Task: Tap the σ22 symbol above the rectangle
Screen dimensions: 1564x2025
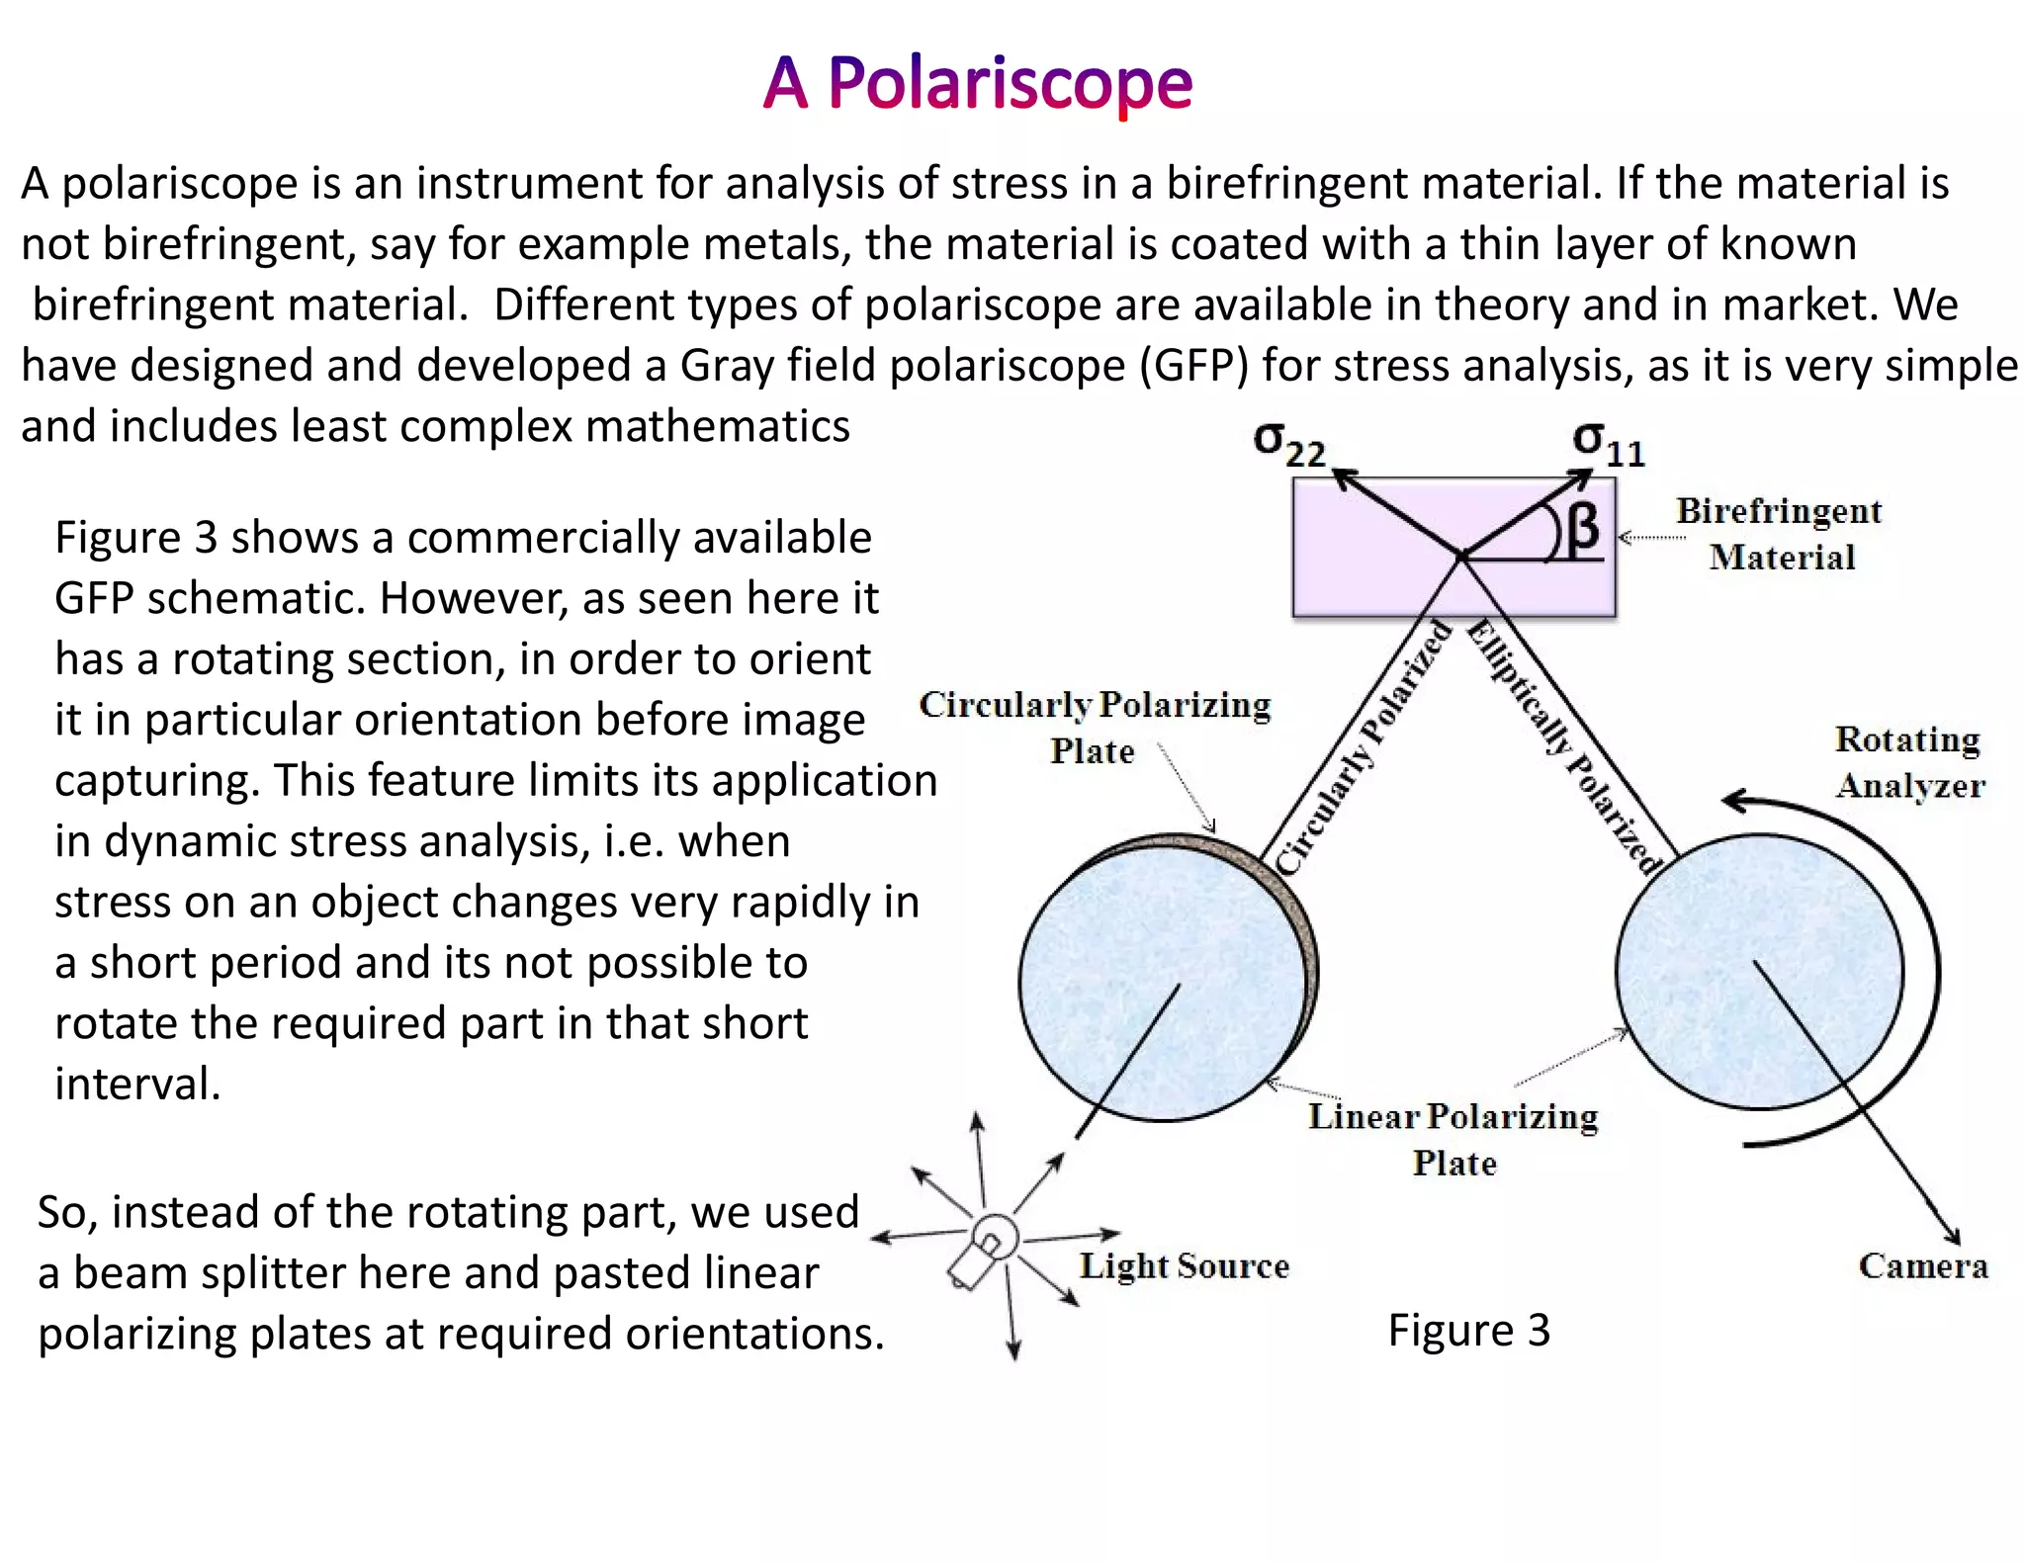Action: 1287,444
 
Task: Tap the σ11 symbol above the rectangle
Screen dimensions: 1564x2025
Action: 1608,444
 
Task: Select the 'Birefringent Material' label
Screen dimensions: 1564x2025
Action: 1780,534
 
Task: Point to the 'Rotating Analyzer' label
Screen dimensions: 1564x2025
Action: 1908,762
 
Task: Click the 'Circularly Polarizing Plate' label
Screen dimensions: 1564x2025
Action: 1094,727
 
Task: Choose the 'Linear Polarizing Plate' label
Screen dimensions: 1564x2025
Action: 1453,1139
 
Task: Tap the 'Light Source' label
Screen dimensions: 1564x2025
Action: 1184,1266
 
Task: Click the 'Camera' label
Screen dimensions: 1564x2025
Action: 1922,1266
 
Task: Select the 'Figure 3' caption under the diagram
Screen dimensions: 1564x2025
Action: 1468,1331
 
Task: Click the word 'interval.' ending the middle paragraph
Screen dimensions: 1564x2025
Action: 137,1085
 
